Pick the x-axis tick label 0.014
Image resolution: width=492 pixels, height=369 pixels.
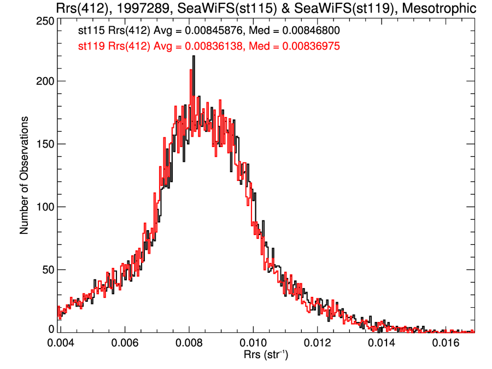[x=382, y=343]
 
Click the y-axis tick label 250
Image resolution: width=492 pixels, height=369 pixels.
[x=44, y=21]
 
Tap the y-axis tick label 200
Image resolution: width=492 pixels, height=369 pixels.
[x=44, y=81]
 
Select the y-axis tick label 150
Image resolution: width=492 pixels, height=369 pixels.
[x=44, y=144]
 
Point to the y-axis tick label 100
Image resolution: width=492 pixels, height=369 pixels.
[x=44, y=207]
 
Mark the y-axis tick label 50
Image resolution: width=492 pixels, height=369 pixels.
[x=47, y=270]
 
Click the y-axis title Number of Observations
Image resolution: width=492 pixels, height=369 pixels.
[x=24, y=175]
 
